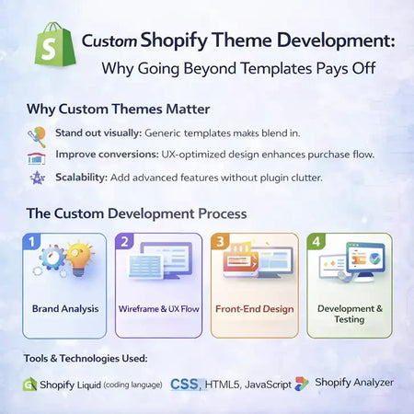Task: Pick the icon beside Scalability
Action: [38, 177]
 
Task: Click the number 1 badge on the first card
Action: [31, 242]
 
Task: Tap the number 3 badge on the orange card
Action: [220, 242]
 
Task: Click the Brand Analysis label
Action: [64, 308]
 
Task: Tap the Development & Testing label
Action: [347, 314]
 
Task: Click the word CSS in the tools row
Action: [186, 383]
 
